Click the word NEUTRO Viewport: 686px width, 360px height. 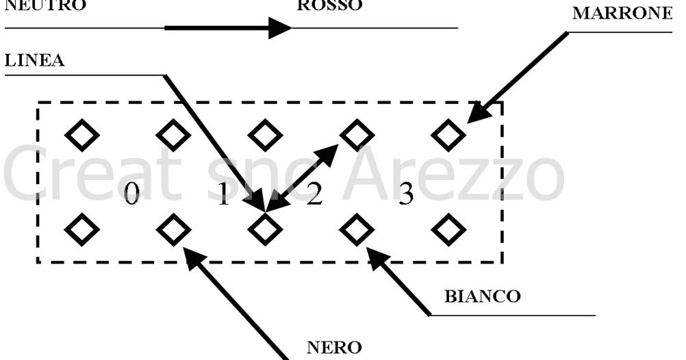click(x=46, y=5)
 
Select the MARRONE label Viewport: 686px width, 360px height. click(x=622, y=14)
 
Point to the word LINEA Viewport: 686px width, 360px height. click(x=35, y=61)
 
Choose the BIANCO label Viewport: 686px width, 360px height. click(x=482, y=297)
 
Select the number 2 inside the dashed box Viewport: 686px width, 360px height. click(x=314, y=196)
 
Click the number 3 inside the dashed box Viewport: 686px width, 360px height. click(x=406, y=196)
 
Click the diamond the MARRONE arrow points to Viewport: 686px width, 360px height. click(x=448, y=134)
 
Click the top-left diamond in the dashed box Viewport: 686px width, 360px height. click(x=82, y=134)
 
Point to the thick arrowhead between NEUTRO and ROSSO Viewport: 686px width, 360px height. click(x=279, y=28)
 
